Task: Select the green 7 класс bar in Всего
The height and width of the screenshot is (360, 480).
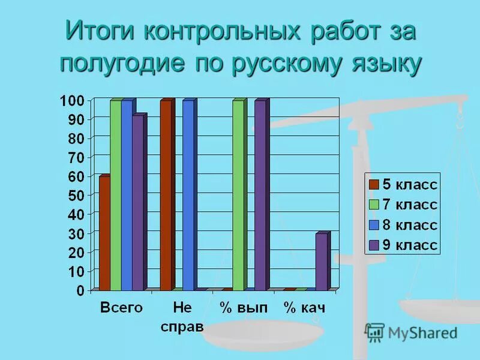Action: click(116, 195)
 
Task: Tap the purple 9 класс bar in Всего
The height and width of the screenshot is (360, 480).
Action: click(138, 203)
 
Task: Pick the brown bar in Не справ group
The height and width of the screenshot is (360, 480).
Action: click(166, 195)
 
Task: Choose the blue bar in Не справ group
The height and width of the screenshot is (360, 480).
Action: click(188, 195)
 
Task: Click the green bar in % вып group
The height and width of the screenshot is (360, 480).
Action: click(238, 195)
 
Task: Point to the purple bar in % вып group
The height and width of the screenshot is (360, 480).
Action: click(260, 195)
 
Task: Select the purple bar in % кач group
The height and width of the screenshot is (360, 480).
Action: click(322, 262)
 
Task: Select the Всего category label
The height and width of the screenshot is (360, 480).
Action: click(121, 308)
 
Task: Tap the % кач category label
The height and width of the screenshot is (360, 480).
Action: click(304, 308)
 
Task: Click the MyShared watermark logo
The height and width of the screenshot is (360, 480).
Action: click(412, 332)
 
